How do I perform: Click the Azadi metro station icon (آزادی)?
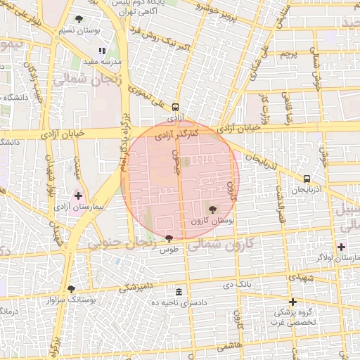pos(175,107)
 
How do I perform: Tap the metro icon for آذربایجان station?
pos(307,179)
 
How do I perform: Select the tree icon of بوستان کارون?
pos(212,209)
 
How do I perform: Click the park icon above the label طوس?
pos(168,239)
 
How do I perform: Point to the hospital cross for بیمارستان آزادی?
pos(78,196)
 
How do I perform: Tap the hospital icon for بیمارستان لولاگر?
pos(342,247)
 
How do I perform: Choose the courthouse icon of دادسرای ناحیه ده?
pos(179,292)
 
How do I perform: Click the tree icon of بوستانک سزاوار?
pos(70,289)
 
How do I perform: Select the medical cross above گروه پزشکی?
pos(293,302)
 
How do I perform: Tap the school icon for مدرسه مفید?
pos(103,51)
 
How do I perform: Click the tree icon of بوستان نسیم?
pos(78,20)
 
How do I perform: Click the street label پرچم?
pos(285,54)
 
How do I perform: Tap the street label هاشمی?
pos(230,347)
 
